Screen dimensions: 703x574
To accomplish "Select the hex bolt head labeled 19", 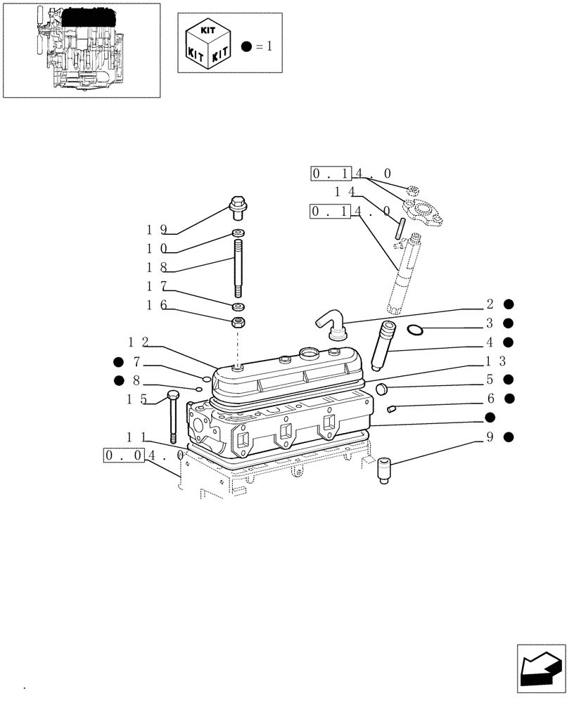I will (x=237, y=205).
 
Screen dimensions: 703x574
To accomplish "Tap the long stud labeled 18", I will (x=238, y=269).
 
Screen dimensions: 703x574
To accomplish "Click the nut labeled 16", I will (x=238, y=324).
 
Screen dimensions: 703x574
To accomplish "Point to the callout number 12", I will (x=138, y=342).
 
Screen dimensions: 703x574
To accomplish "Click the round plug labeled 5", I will (x=381, y=389).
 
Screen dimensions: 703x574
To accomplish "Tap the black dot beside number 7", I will (x=117, y=362).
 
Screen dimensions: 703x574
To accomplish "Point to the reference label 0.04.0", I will (x=143, y=456).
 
